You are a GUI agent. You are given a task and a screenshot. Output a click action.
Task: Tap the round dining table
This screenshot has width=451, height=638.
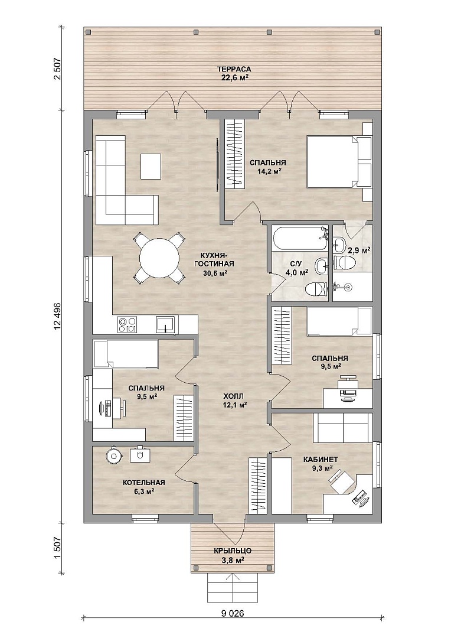click(x=159, y=258)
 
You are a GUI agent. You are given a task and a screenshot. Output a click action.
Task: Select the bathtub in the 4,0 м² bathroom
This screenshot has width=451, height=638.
click(x=300, y=240)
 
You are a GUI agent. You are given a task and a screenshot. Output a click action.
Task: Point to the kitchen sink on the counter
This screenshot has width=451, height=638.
click(x=166, y=325)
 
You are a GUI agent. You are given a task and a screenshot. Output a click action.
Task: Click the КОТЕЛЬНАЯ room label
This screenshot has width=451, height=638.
click(x=144, y=483)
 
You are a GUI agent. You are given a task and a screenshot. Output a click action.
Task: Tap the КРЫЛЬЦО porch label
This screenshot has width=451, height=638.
click(x=233, y=551)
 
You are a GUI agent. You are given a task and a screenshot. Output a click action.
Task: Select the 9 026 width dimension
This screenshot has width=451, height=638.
click(x=233, y=625)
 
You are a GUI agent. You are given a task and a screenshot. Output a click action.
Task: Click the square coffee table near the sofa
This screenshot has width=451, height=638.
click(x=151, y=166)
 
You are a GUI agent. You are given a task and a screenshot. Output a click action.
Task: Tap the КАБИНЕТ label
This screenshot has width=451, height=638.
click(x=321, y=460)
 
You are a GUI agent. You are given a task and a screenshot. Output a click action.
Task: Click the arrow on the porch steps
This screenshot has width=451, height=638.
click(x=233, y=587)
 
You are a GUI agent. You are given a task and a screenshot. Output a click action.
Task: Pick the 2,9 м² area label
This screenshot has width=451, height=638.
click(x=360, y=251)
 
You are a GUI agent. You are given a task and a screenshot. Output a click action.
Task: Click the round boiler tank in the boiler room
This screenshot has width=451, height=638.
click(x=113, y=455)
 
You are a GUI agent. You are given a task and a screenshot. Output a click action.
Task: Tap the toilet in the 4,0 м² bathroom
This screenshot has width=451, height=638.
click(x=316, y=288)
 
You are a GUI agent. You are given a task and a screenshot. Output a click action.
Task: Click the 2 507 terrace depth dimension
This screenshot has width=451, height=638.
click(x=57, y=69)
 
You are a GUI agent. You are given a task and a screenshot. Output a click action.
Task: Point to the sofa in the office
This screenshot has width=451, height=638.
click(x=343, y=428)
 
